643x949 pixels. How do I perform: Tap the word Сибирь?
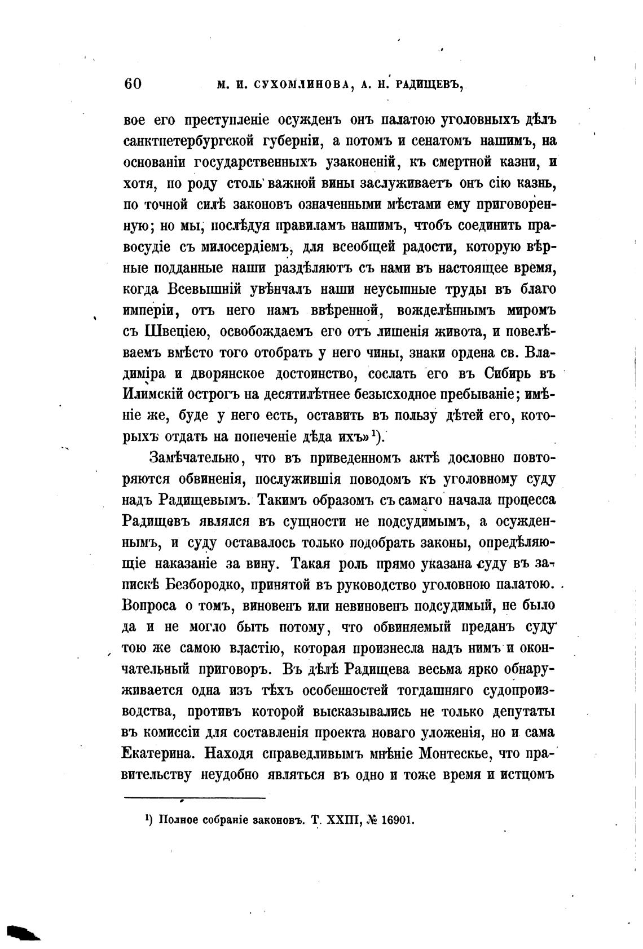[510, 374]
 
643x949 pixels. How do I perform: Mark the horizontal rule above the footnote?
[194, 798]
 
